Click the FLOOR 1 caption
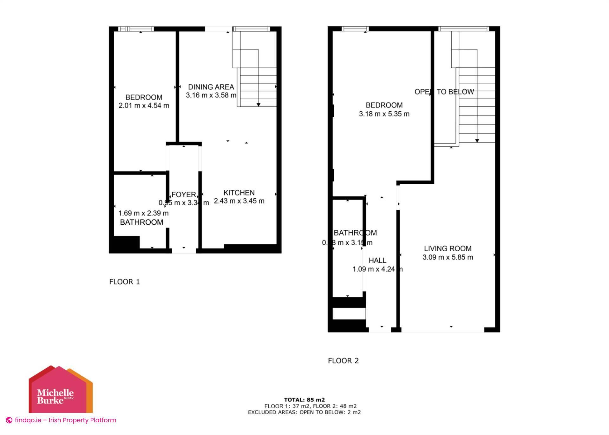(124, 282)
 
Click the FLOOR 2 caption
(343, 361)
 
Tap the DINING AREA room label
(211, 87)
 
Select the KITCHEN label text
(239, 193)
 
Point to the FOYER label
(184, 194)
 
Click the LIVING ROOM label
(448, 248)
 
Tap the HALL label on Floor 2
(377, 260)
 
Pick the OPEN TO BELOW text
(444, 92)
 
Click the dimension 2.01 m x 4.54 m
(144, 106)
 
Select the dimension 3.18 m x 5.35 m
(384, 114)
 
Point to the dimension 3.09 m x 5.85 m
(448, 257)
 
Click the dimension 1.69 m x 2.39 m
(143, 213)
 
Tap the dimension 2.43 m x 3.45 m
(239, 201)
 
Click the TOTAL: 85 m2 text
(304, 400)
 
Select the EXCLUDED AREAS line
(304, 412)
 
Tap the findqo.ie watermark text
(65, 420)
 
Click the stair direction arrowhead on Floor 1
(259, 105)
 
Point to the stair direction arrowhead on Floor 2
(477, 141)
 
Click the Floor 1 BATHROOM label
(141, 222)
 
